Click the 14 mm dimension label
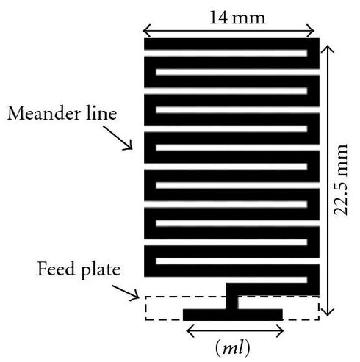click(x=237, y=18)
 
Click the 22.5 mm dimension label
click(x=341, y=180)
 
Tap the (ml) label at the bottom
click(x=233, y=348)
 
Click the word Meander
click(x=44, y=113)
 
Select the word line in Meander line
click(x=101, y=113)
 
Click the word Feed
click(x=56, y=269)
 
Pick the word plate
click(x=101, y=270)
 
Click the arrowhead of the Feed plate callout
click(x=138, y=297)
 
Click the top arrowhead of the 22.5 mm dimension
click(x=328, y=46)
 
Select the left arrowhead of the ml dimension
click(x=187, y=331)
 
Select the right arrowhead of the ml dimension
click(x=284, y=331)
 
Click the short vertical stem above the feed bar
click(x=231, y=303)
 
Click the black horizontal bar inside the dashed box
click(x=233, y=315)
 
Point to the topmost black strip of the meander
click(x=231, y=44)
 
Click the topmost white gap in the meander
click(x=226, y=53)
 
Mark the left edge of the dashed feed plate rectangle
click(x=145, y=308)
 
